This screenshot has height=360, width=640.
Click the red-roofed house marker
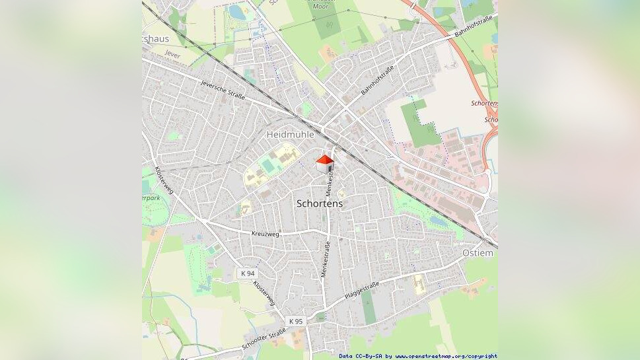324,163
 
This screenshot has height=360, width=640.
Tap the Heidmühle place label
290,134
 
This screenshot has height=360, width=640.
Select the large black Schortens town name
320,203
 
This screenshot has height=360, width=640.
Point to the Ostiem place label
478,253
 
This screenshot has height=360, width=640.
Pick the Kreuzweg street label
266,234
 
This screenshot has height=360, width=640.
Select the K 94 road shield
248,273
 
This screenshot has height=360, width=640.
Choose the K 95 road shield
295,321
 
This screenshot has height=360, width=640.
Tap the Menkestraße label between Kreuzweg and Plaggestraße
325,261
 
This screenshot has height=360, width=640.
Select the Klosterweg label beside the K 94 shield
264,292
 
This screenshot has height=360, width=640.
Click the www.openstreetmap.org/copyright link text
446,356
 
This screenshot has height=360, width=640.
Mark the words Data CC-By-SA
361,356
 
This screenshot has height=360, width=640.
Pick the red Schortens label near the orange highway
483,104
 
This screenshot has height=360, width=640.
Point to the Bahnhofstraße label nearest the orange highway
474,27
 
